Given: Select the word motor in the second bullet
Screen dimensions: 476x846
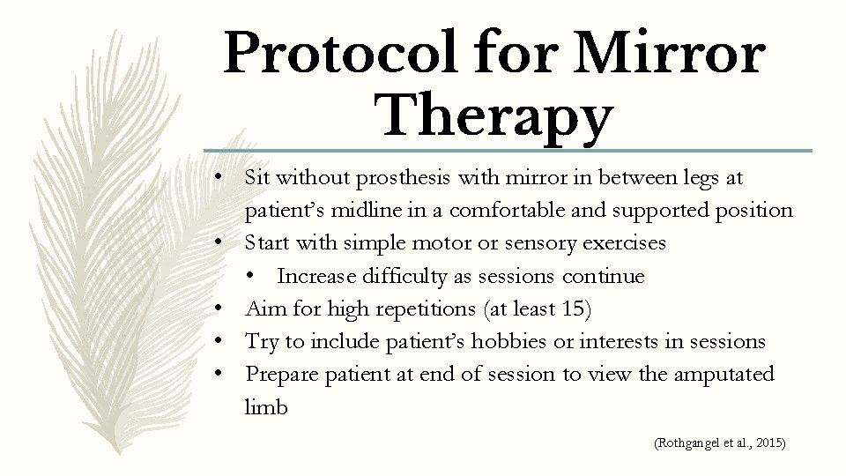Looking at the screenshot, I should coord(417,243).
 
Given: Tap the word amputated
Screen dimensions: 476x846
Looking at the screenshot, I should coord(723,374).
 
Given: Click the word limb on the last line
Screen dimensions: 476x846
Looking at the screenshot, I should coord(266,406).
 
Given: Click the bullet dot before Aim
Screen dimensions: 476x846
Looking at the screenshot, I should coord(227,309).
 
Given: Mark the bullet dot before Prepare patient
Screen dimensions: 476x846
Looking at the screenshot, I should coord(227,375).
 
